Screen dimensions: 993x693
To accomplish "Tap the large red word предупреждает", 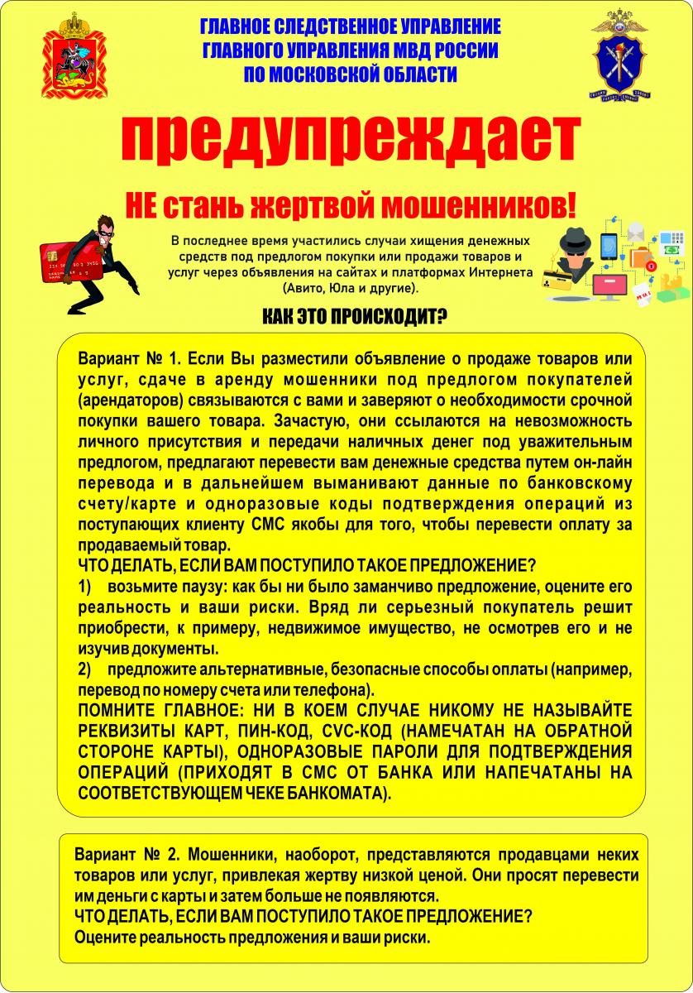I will (x=346, y=141).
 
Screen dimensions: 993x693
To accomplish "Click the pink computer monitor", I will (x=611, y=286).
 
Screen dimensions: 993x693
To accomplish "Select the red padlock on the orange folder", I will (x=651, y=266).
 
